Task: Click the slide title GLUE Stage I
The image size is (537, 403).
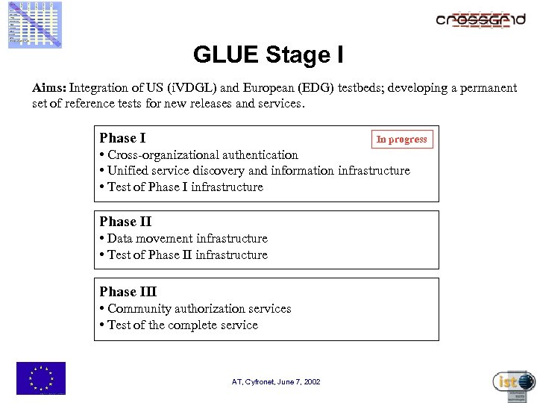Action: (268, 54)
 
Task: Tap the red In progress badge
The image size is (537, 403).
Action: (401, 140)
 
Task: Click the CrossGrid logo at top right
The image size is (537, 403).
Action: (480, 20)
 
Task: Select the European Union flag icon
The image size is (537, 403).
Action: (41, 378)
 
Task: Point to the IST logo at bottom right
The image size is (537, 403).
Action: (514, 382)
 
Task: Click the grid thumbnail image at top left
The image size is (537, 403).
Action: (35, 25)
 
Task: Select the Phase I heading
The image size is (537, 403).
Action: (122, 138)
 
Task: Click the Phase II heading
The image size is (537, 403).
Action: (125, 222)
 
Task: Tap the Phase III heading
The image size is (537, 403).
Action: (128, 292)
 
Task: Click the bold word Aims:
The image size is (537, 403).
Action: (49, 88)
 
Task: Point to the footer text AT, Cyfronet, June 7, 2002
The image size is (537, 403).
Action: (276, 381)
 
